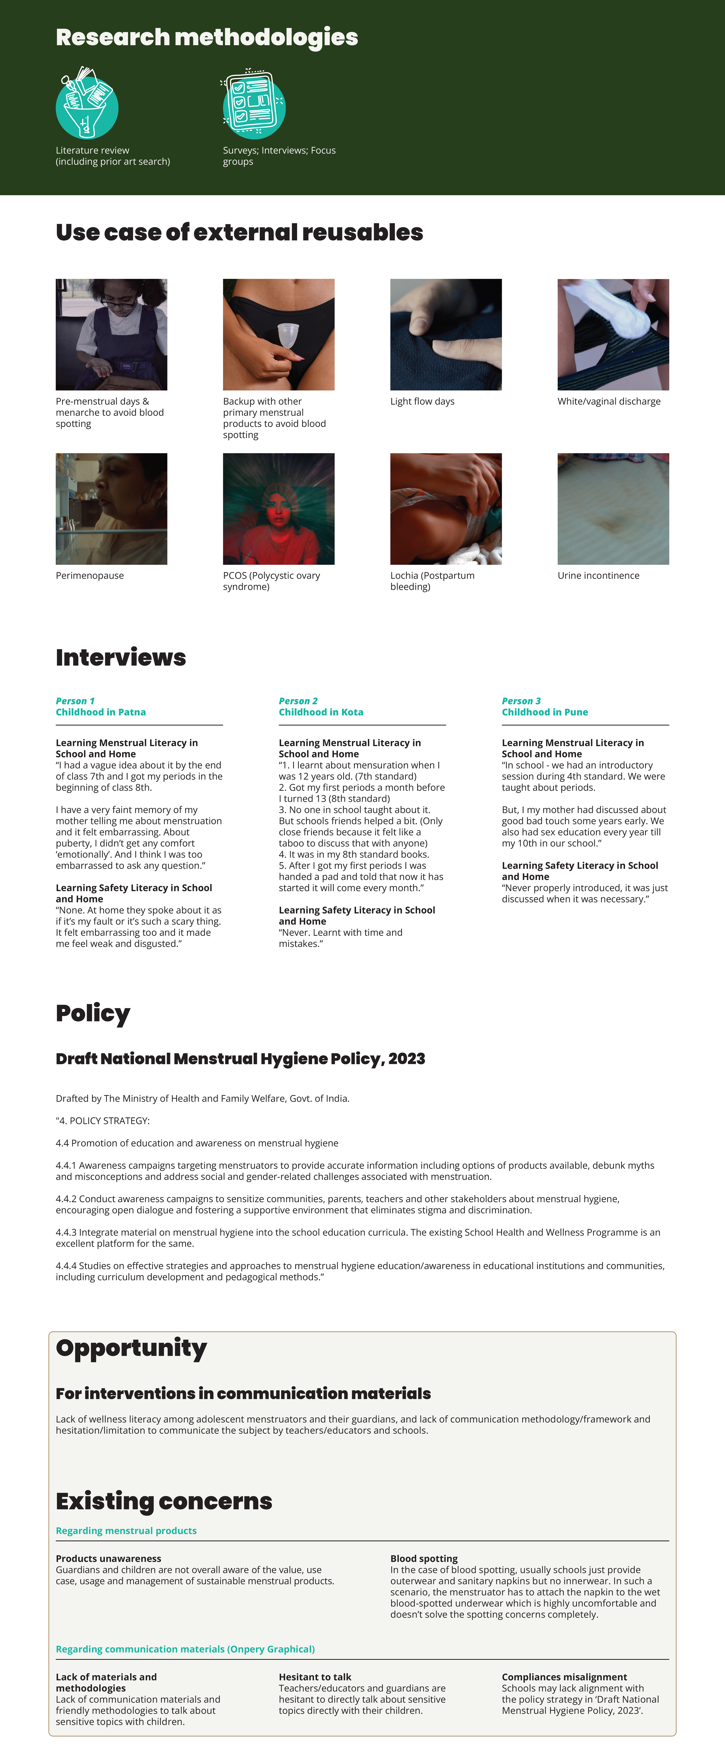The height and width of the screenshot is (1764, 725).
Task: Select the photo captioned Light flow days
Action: (x=446, y=334)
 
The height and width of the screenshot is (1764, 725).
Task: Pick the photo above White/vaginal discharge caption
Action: (x=613, y=334)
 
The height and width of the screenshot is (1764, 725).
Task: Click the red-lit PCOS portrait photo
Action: (x=279, y=509)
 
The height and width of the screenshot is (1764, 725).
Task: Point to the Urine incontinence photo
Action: (x=613, y=509)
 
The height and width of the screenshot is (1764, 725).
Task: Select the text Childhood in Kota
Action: (x=320, y=712)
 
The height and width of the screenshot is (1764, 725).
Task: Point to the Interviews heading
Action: (x=120, y=657)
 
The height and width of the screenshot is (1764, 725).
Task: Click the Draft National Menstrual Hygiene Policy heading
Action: (x=240, y=1059)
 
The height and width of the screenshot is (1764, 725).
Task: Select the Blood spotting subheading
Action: (x=424, y=1559)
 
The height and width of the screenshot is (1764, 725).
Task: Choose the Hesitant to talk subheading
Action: (x=315, y=1677)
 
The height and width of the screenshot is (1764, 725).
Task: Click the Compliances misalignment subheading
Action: (x=564, y=1677)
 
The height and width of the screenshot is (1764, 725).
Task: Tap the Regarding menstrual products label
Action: (x=126, y=1530)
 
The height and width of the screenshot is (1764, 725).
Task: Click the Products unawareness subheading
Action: (x=108, y=1559)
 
